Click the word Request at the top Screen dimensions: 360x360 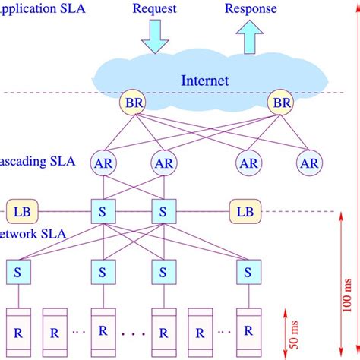pos(154,10)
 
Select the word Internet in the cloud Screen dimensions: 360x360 pos(205,80)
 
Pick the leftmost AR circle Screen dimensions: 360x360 pos(103,162)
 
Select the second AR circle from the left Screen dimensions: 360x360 pos(163,162)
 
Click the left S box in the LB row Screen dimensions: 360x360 pos(103,210)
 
